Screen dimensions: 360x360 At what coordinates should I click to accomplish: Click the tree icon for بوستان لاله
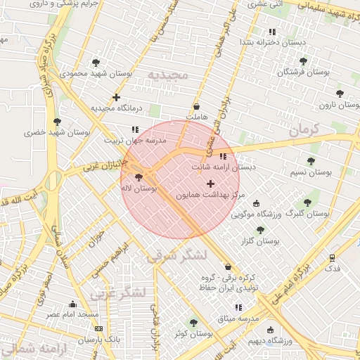(x=138, y=178)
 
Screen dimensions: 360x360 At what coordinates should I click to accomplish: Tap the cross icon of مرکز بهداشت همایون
(x=210, y=184)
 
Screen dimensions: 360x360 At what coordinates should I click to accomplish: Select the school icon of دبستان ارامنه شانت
(x=223, y=156)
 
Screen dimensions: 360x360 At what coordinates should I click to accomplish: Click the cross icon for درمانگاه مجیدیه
(x=117, y=97)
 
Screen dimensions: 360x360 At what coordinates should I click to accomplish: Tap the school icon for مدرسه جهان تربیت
(x=134, y=129)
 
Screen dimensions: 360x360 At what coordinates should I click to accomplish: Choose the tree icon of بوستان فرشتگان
(x=304, y=61)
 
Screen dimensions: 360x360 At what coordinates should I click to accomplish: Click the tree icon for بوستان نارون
(x=340, y=94)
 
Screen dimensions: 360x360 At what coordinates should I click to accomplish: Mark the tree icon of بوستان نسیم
(x=311, y=161)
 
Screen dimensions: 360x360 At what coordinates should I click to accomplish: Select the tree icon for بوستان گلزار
(x=260, y=230)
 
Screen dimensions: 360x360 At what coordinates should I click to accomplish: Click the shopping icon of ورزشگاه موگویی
(x=256, y=203)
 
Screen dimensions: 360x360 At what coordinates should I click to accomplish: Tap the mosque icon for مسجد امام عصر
(x=72, y=304)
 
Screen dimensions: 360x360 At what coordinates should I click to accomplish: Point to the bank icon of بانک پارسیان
(x=98, y=328)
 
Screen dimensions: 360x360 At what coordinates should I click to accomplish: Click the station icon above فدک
(x=333, y=257)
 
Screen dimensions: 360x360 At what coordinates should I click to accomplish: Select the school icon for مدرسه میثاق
(x=238, y=307)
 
